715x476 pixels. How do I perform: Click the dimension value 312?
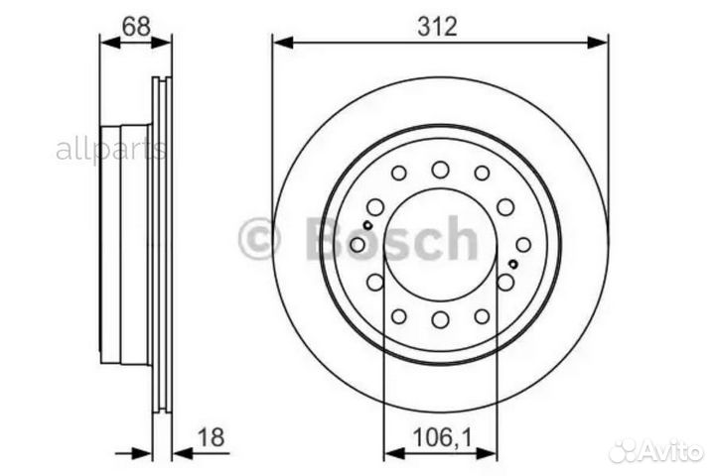pos(438,27)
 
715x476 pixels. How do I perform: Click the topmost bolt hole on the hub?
pos(440,170)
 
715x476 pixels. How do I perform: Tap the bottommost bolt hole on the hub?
pos(440,320)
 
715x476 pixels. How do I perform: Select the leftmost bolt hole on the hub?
pos(358,244)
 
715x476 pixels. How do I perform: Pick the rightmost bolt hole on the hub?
pos(522,244)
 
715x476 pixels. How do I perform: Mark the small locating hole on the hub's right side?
pos(512,265)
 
